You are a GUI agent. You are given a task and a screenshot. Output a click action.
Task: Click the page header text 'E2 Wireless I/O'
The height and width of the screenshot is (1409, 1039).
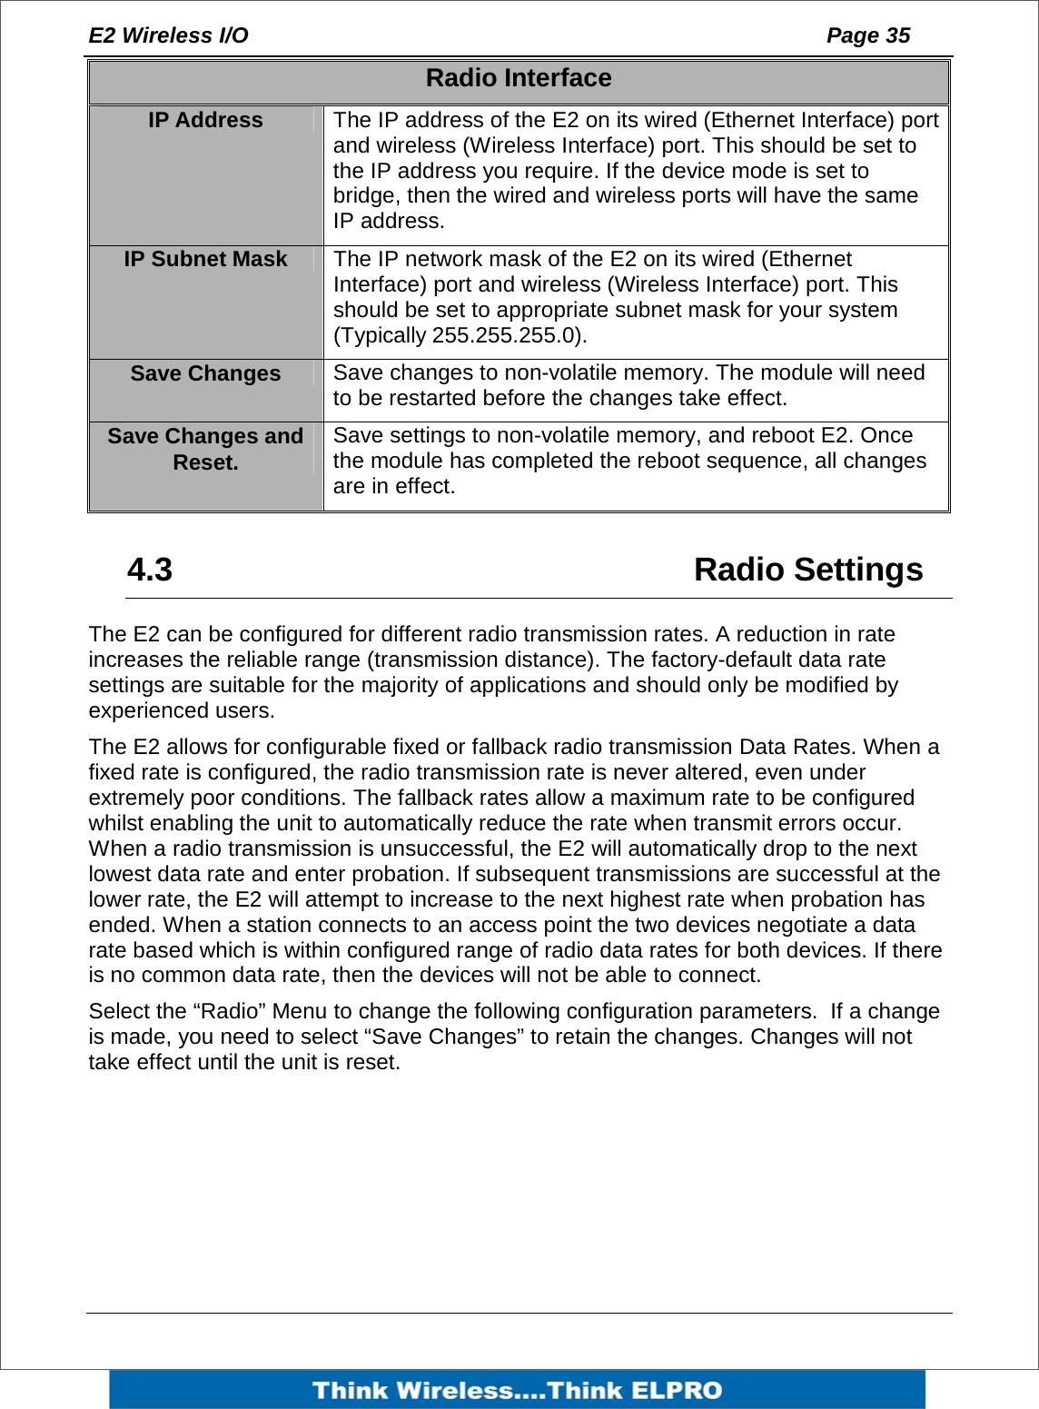(168, 35)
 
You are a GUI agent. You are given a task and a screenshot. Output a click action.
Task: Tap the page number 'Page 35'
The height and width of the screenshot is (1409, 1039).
(867, 35)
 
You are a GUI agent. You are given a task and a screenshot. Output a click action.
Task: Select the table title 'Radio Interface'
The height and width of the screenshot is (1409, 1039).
(519, 79)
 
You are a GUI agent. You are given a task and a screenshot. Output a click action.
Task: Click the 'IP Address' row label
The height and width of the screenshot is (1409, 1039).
(205, 121)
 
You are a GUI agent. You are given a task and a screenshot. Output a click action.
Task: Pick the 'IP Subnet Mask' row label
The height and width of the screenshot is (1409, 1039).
(205, 260)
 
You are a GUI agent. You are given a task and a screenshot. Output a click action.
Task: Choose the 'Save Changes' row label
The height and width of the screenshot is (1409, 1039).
(205, 374)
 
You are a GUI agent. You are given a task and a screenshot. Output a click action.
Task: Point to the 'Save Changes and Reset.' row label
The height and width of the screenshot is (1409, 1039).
(205, 450)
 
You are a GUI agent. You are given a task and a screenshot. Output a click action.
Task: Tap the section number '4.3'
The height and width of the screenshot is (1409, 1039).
(150, 570)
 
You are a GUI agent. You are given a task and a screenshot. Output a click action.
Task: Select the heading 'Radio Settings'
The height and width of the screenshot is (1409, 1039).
(807, 570)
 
